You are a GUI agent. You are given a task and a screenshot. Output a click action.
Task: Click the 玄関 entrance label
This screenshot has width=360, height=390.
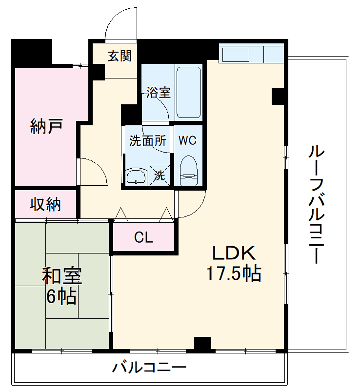120,56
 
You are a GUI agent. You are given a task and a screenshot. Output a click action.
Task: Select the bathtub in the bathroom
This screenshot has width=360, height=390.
188,92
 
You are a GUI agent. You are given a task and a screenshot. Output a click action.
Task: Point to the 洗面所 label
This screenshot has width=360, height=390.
148,141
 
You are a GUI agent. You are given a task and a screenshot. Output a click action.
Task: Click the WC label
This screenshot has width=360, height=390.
187,141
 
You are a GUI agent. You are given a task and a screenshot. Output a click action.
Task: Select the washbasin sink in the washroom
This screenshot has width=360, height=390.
136,176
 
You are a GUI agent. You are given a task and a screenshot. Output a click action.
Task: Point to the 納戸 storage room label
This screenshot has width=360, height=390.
46,127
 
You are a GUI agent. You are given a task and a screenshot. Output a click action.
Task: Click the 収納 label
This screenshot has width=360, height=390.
46,205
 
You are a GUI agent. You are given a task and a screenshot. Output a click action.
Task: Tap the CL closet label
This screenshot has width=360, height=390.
144,238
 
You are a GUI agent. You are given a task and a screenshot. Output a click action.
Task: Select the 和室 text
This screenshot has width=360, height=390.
61,276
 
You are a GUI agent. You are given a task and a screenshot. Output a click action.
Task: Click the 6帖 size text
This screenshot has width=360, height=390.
61,296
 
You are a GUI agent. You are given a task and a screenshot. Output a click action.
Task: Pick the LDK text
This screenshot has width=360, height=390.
233,253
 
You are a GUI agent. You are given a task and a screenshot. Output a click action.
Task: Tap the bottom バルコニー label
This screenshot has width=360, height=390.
149,368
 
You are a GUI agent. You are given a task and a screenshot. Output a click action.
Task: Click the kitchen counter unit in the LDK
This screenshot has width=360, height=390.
251,54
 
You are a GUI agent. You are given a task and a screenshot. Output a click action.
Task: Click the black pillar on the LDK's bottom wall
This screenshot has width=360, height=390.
202,344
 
